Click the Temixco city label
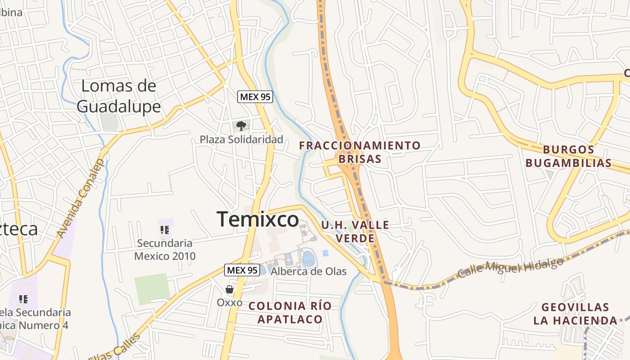(258, 220)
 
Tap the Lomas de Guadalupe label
(119, 96)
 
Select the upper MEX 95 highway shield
(256, 97)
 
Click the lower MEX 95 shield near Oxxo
(242, 270)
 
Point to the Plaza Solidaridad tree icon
(241, 126)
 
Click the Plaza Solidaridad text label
(242, 139)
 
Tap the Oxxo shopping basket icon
(229, 289)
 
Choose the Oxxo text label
(229, 302)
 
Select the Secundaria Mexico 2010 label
(165, 250)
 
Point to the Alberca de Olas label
(309, 271)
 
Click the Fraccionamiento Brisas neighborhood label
(360, 152)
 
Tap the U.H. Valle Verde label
(355, 231)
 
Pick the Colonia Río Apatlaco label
(290, 313)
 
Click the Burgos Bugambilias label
(568, 156)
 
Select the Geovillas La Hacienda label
(575, 314)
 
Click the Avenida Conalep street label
(81, 198)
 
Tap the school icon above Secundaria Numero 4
(23, 299)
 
